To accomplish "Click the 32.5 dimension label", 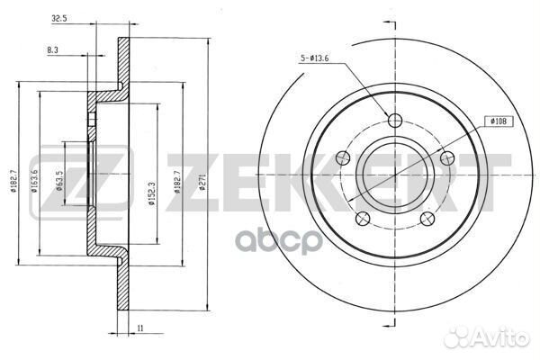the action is [58, 19].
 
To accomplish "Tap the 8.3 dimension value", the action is [52, 50].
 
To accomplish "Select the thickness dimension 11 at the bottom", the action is [139, 328].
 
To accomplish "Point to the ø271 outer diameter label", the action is [202, 182].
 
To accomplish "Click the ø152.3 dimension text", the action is [152, 193].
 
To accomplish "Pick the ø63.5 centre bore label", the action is [58, 181].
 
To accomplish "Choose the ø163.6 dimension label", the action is [34, 181].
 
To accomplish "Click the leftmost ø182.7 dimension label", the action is [13, 181].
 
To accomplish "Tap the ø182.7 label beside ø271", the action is [177, 182].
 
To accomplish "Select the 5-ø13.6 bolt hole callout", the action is [314, 58].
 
